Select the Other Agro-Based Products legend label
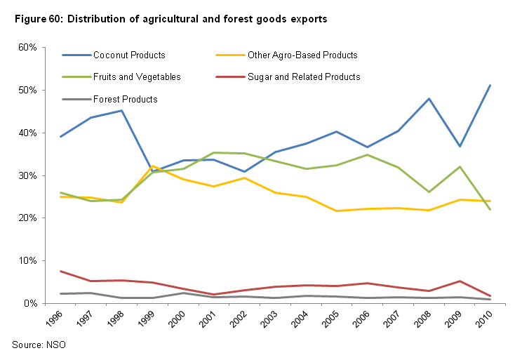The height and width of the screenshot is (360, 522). (302, 55)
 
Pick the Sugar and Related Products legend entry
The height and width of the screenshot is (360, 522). (304, 77)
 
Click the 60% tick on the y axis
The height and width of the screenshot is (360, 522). (27, 47)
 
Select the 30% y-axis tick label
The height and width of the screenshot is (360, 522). (27, 175)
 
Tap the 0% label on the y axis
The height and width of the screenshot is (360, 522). (30, 303)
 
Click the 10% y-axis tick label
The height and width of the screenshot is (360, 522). (27, 260)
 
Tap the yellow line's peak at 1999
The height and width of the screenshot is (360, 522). (153, 166)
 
